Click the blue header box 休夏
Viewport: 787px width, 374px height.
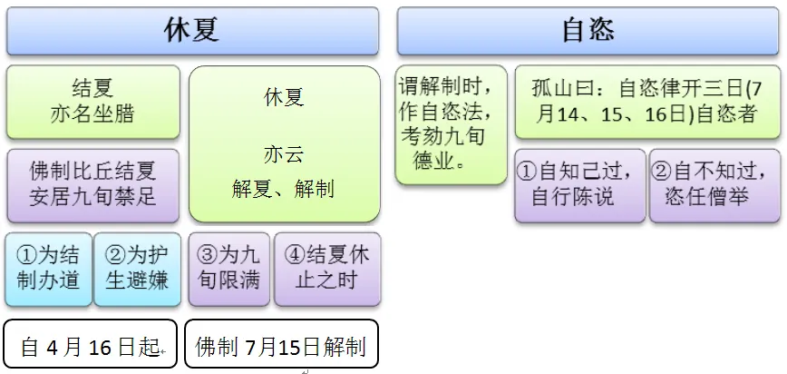click(x=191, y=31)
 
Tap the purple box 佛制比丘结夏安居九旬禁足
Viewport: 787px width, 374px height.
click(x=92, y=182)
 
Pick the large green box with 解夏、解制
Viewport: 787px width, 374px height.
click(x=284, y=143)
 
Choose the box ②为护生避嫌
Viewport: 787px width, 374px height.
click(x=137, y=268)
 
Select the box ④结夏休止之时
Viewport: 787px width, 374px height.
click(x=327, y=268)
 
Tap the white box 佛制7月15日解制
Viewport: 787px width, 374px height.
click(x=280, y=345)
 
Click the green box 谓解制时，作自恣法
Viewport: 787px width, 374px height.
click(x=450, y=124)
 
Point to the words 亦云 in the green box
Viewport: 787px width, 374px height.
click(x=283, y=153)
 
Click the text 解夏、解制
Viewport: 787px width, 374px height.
click(x=283, y=189)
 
